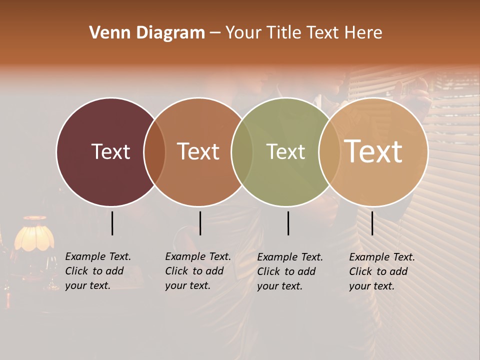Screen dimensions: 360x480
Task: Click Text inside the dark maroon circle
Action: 110,151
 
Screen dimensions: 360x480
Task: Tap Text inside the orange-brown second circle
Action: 198,151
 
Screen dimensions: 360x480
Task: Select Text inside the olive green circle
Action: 285,151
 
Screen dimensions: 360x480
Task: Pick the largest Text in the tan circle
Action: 373,151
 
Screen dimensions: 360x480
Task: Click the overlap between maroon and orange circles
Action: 154,152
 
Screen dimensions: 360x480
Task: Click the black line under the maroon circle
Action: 112,223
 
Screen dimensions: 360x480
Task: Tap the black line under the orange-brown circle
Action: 200,223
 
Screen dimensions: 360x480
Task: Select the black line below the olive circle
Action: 288,223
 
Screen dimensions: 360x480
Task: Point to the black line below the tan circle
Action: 372,223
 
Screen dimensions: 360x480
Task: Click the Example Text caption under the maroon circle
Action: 98,271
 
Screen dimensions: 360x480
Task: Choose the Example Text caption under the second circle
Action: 198,271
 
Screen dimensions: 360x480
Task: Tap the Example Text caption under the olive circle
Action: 290,271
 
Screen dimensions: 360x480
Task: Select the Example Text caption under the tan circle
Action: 382,271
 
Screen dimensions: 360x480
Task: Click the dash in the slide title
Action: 215,33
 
